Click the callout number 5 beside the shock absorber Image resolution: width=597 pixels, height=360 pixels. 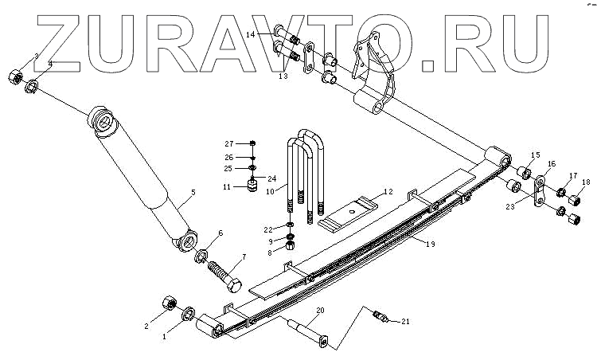193,192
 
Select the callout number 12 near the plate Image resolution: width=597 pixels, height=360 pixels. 388,192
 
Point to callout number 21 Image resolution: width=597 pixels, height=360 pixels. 405,322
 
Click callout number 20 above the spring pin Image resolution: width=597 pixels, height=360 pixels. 320,310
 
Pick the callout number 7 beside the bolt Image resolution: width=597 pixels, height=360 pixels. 244,256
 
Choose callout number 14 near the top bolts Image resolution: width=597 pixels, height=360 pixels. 250,34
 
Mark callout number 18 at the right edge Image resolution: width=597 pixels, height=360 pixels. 587,183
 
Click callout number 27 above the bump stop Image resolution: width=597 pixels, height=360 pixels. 228,143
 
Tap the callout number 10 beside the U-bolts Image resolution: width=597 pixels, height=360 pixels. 271,192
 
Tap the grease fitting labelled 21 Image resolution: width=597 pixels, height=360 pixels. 380,318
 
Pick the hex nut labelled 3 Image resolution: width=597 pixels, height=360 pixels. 15,76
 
